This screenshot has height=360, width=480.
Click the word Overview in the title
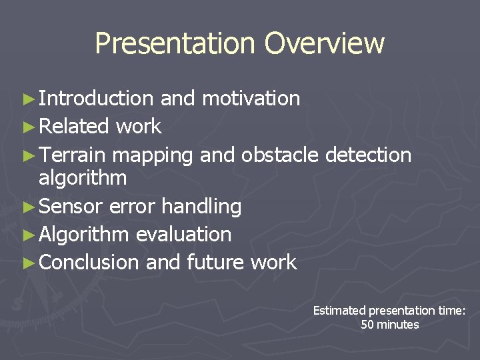tap(324, 44)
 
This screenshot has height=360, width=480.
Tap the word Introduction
tap(96, 99)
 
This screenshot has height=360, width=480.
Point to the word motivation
tap(251, 99)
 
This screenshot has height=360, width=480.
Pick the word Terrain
tap(72, 155)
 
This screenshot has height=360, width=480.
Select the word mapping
tap(153, 156)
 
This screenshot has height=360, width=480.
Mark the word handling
tap(201, 207)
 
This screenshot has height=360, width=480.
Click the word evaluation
tap(183, 235)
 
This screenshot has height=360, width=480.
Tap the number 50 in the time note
tap(367, 325)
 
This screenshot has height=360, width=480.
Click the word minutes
tap(398, 325)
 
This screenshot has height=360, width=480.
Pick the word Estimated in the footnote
tap(339, 311)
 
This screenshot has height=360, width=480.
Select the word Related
tap(74, 127)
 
